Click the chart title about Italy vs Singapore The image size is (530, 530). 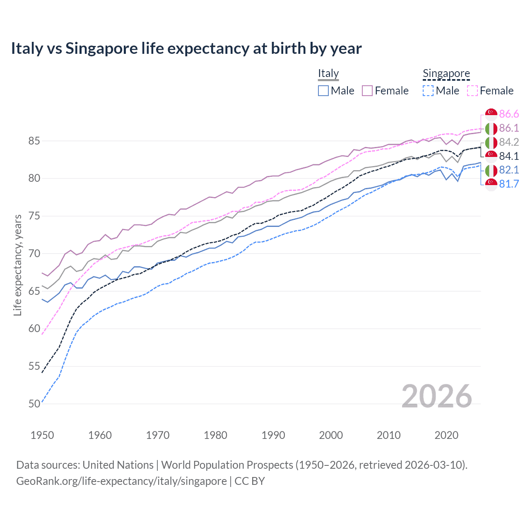[x=186, y=48]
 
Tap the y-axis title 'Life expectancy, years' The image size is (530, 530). [x=17, y=265]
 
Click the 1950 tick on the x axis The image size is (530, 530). [x=42, y=435]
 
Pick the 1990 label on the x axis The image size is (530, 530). [x=273, y=435]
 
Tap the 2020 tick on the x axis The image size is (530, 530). [x=446, y=435]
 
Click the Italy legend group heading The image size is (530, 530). [x=328, y=73]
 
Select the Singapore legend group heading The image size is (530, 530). [x=446, y=73]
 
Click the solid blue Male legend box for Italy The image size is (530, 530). [x=323, y=91]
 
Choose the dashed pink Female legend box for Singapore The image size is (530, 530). [x=472, y=91]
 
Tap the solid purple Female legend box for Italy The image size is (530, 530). [x=367, y=91]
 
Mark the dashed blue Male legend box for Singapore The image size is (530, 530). [x=428, y=91]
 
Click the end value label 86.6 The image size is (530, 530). [x=509, y=114]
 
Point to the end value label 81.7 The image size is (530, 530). [x=509, y=184]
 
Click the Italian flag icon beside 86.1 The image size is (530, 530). [x=491, y=128]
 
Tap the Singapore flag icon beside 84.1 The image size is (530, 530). [x=491, y=156]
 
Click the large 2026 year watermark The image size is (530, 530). [x=436, y=396]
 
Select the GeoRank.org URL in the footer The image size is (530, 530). [x=121, y=481]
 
